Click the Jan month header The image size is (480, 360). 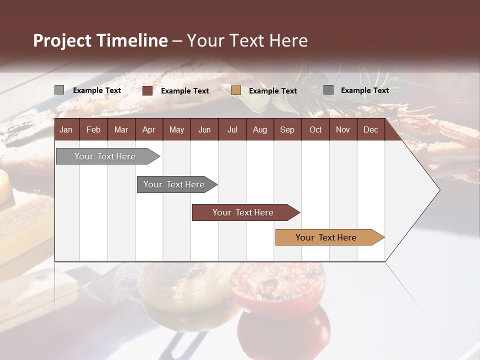click(66, 129)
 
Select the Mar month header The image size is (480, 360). click(121, 129)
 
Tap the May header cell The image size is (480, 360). click(176, 129)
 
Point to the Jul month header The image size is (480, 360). click(232, 129)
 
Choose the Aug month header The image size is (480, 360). click(259, 129)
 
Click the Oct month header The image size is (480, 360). click(315, 129)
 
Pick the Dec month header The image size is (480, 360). click(370, 129)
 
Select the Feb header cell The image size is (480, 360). click(93, 129)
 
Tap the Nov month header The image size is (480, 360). click(342, 129)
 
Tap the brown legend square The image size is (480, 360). click(147, 90)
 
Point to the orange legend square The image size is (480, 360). click(236, 90)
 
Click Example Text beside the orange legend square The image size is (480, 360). click(272, 91)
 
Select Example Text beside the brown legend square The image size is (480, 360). click(184, 91)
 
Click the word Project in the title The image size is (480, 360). click(62, 40)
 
